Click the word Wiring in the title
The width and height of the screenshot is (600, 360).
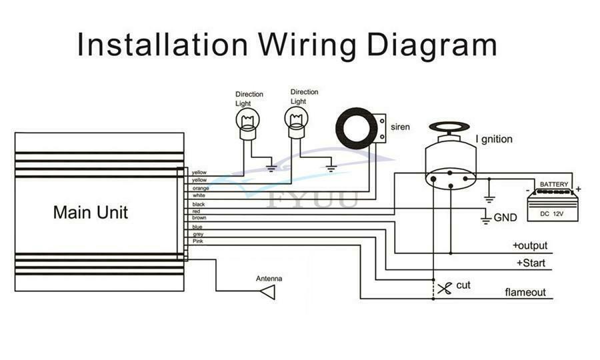coord(307,46)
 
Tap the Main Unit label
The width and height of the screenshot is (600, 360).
coord(90,212)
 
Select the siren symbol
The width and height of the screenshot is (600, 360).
coord(361,129)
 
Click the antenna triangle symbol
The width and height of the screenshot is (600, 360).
coord(268,293)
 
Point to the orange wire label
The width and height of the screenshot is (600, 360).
coord(201,188)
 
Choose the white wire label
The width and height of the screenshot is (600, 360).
coord(199,195)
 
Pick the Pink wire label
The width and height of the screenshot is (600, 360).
coord(198,241)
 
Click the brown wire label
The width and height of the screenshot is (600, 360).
coord(199,218)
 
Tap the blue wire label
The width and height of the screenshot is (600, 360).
coord(197,227)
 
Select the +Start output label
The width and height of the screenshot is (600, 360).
coord(531,263)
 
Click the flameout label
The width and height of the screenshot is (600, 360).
coord(525,292)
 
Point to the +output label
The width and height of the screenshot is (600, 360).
coord(530,245)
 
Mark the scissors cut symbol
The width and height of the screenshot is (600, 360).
coord(445,289)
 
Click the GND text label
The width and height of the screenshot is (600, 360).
coord(505,217)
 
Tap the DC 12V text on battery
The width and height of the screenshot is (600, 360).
coord(552,214)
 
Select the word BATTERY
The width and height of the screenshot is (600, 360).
coord(554,185)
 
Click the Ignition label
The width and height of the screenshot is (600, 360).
coord(493,139)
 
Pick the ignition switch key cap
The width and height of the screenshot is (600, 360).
coord(449,127)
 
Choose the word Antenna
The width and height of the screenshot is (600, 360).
coord(269,279)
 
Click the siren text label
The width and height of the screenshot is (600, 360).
coord(400,127)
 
